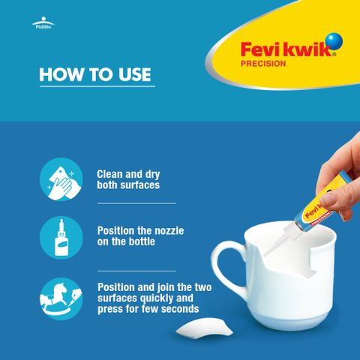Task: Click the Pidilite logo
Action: [x=43, y=23]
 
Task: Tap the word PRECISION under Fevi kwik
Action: [x=263, y=64]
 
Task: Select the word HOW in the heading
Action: [x=61, y=74]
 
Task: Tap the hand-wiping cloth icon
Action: [x=61, y=179]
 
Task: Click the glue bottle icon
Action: [x=61, y=237]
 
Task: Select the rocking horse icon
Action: [x=61, y=298]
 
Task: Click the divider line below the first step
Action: [x=136, y=203]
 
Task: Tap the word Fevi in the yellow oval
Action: [x=261, y=49]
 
